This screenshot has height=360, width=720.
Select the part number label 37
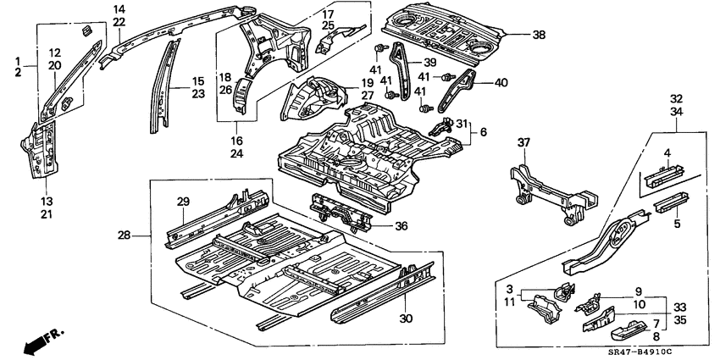tap(523, 143)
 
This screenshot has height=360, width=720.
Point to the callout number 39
tap(429, 63)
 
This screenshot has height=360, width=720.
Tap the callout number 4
tap(667, 153)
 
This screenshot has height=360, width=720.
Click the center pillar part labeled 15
tap(161, 85)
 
